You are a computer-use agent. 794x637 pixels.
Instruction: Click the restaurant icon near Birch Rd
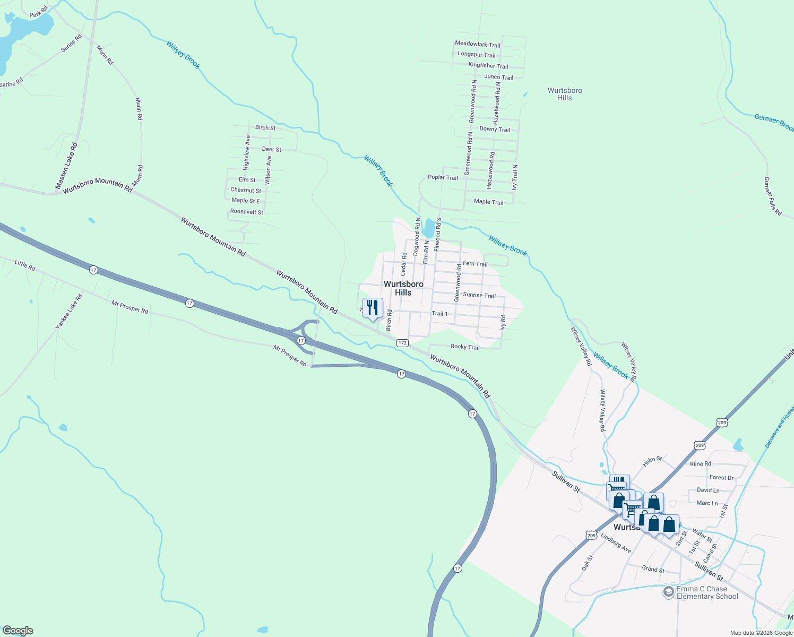pos(373,308)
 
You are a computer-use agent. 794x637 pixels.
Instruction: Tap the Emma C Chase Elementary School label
pos(707,592)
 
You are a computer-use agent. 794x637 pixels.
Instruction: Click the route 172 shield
pos(402,343)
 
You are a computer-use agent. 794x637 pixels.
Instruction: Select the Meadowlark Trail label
pos(478,45)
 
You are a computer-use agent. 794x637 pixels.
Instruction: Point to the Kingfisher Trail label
pos(488,66)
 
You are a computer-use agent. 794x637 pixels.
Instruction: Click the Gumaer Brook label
pos(774,122)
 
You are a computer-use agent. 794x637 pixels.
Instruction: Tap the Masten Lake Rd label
pos(66,166)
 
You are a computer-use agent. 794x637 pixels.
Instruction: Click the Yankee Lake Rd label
pos(70,311)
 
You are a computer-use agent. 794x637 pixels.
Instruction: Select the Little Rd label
pos(25,265)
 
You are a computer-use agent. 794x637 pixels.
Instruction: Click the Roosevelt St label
pos(247,212)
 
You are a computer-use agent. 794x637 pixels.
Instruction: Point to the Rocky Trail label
pos(465,347)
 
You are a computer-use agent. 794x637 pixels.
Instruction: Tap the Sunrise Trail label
pos(479,295)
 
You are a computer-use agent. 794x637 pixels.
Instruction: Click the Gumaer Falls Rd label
pos(773,196)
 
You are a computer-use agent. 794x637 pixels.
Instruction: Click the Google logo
pos(18,631)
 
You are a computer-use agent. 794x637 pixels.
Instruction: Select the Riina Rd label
pos(701,464)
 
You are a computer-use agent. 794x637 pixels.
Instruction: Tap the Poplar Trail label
pos(443,178)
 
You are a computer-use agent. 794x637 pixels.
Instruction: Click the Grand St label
pos(653,570)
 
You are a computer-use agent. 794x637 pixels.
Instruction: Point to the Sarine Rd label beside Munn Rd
pos(71,43)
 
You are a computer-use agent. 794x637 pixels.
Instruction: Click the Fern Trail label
pos(475,264)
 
